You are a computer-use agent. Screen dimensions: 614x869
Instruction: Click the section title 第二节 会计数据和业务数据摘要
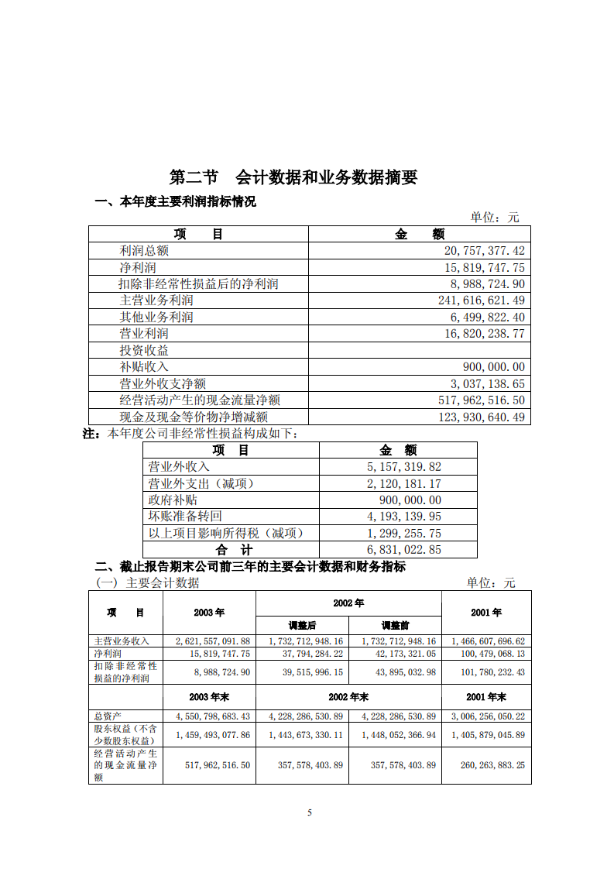point(293,177)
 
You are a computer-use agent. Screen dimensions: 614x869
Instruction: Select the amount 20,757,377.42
point(484,251)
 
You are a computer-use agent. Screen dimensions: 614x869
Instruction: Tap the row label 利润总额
point(144,251)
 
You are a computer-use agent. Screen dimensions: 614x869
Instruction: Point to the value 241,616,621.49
point(482,301)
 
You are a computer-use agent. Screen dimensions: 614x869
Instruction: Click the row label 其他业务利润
point(156,318)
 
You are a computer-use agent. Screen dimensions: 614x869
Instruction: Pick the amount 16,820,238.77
point(484,334)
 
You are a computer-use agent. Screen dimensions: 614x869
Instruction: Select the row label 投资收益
point(144,350)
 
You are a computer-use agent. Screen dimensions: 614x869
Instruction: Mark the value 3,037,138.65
point(487,384)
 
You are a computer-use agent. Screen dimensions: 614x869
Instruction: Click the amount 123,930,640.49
point(482,417)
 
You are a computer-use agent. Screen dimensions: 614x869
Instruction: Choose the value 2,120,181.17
point(403,484)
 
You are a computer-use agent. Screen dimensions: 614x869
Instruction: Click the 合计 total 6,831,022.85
point(403,550)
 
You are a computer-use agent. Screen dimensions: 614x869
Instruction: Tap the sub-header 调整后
point(302,625)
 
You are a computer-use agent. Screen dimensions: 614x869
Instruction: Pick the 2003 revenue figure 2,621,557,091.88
point(213,642)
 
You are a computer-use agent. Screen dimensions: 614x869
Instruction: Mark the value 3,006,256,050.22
point(487,717)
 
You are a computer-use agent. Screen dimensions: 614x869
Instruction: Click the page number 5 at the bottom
point(310,812)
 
